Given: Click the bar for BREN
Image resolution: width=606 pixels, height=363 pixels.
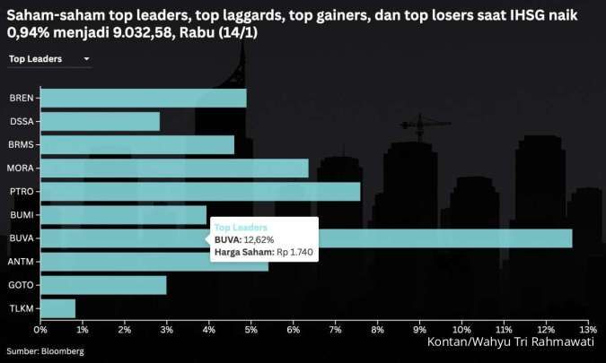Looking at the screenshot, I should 143,98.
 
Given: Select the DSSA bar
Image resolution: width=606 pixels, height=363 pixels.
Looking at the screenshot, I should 100,121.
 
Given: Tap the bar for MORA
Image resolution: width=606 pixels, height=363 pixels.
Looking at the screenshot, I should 174,168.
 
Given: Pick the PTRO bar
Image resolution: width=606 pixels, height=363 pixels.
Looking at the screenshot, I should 200,191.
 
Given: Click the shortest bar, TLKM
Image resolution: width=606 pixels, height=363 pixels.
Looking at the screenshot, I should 57,307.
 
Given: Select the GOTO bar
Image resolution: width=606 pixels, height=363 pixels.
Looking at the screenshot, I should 103,284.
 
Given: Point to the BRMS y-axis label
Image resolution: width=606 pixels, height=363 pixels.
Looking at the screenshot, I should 22,144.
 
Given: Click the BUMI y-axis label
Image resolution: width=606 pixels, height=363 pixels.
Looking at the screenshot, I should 22,214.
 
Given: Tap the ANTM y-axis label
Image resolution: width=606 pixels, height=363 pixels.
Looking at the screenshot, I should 22,261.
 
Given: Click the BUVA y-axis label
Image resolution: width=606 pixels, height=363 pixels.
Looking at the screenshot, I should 22,238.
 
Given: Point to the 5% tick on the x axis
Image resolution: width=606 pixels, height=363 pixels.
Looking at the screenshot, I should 250,330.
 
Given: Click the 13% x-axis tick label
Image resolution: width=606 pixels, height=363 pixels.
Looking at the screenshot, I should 588,330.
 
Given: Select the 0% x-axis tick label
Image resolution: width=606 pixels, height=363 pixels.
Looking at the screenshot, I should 40,330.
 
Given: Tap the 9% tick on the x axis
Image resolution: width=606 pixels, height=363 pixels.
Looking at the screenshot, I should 419,330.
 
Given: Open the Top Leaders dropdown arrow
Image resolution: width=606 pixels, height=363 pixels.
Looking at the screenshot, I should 86,59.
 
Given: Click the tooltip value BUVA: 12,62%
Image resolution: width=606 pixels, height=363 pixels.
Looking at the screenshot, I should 243,240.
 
